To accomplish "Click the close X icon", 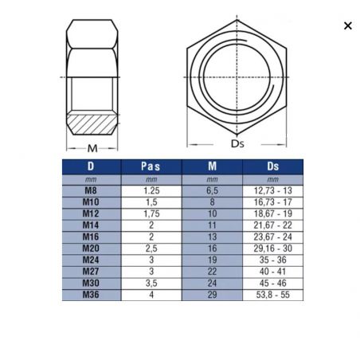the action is (348, 25).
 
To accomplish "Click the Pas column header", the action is (151, 166).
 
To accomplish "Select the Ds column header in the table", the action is (273, 166).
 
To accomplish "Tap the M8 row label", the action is (91, 190).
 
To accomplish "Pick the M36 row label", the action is (91, 295).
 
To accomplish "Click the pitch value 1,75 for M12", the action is (151, 213).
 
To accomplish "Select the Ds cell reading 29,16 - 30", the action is (273, 248).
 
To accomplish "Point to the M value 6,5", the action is (212, 190).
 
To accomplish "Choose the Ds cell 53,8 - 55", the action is (273, 295).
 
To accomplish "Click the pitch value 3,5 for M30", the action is (151, 283).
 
